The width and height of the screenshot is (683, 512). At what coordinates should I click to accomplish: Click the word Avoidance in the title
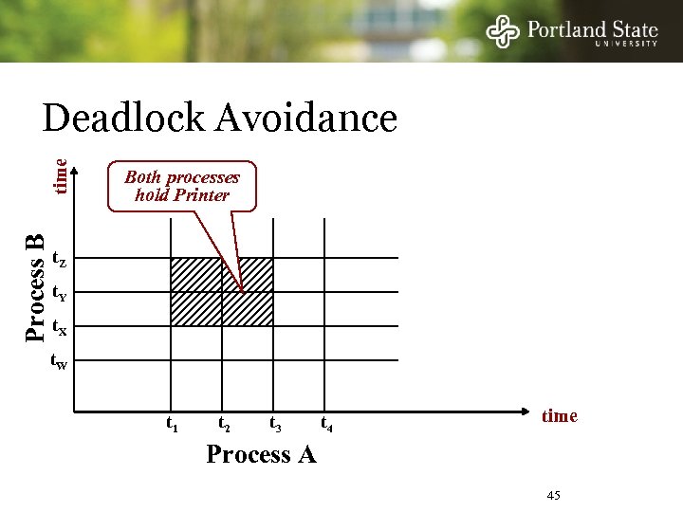306,119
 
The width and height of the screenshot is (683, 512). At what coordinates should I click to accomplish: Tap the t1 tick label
172,424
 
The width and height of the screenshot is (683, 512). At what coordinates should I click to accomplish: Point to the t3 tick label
275,424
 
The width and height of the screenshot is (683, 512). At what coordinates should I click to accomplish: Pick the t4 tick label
326,424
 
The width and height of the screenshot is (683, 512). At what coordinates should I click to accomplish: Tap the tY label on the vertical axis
59,293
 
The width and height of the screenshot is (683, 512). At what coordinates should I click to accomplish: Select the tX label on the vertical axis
59,328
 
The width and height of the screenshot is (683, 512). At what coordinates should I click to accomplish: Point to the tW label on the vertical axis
59,362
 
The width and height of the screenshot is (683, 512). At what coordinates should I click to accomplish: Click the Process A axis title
261,455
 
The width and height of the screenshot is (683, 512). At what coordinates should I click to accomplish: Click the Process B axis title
35,288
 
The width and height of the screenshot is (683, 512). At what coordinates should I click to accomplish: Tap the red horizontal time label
559,415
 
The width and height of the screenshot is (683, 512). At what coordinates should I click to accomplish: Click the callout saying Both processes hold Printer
182,186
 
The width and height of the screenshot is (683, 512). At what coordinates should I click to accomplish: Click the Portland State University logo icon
504,31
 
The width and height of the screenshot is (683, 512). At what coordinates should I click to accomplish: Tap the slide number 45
554,496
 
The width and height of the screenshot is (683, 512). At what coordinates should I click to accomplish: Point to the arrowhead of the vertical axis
75,172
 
